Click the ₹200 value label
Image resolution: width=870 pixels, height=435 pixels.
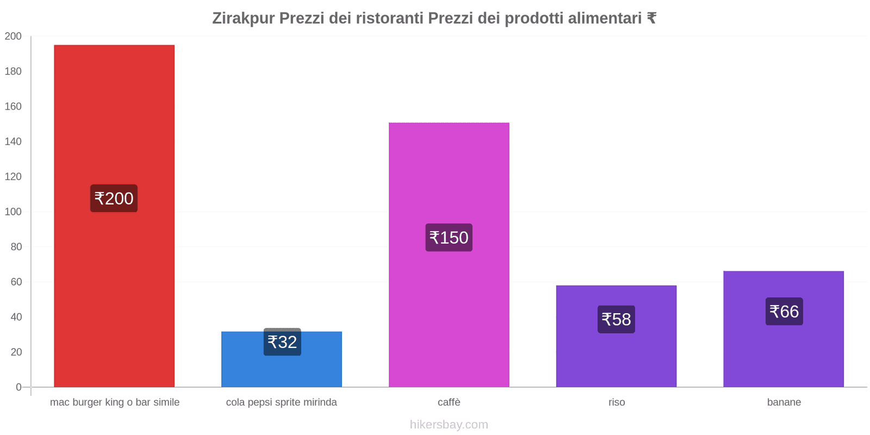pos(114,198)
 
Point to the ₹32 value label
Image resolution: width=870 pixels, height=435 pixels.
pos(282,342)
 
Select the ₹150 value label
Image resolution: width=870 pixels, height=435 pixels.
pos(449,238)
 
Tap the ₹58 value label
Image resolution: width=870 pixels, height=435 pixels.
pos(616,319)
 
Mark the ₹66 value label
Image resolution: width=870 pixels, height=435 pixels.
pos(784,312)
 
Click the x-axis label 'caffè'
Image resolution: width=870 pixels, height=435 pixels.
pos(449,402)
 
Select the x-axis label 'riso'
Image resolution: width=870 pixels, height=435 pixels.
pos(617,402)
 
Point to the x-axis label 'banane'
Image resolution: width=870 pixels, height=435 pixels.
pos(784,402)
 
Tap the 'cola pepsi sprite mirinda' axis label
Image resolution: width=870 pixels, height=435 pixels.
pos(281,402)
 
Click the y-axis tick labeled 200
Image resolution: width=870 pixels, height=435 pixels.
pos(13,36)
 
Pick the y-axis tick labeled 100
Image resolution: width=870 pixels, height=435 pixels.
pos(13,212)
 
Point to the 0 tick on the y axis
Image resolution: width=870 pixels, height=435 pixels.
pos(18,387)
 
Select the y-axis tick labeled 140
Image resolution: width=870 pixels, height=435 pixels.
pos(13,142)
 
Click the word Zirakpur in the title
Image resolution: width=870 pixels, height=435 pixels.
pos(243,18)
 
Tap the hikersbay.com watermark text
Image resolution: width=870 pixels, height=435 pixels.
pos(449,425)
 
